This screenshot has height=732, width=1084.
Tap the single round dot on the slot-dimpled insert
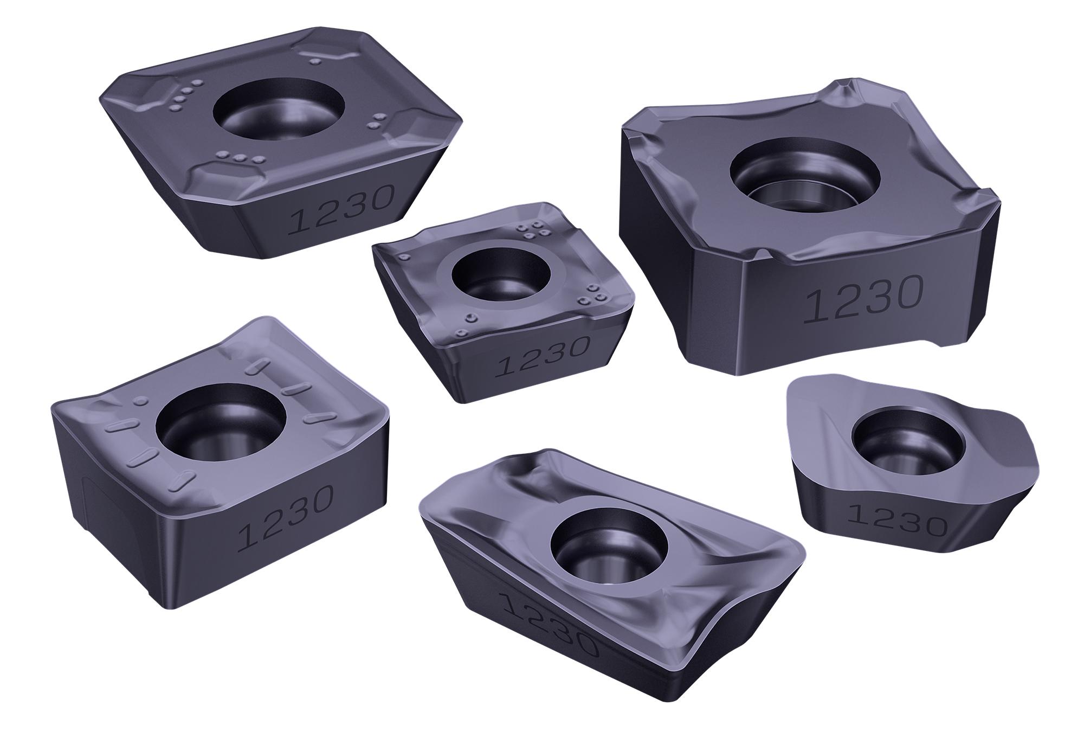coord(141,401)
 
